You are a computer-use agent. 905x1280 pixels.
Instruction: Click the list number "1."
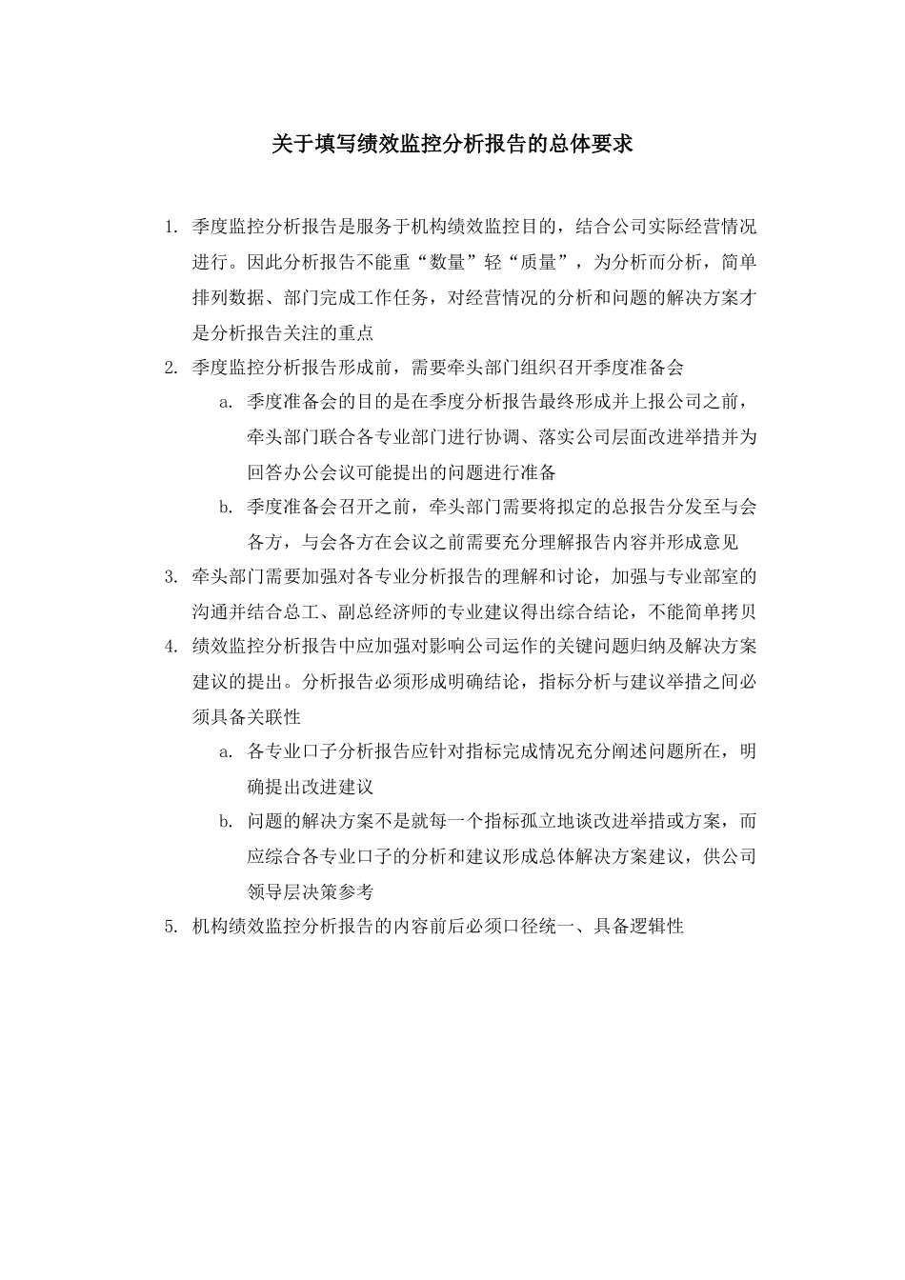click(x=171, y=228)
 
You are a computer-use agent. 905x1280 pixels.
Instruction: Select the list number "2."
click(x=171, y=368)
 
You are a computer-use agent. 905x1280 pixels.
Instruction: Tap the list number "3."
click(x=171, y=577)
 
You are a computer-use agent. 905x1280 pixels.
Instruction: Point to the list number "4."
click(x=171, y=647)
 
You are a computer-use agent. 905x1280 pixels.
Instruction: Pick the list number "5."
click(x=171, y=926)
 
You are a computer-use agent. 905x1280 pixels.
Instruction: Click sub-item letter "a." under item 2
click(x=226, y=403)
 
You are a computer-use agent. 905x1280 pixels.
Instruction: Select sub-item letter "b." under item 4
click(x=226, y=821)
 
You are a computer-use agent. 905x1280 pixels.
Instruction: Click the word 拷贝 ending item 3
click(x=738, y=611)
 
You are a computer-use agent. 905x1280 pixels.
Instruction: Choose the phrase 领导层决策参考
click(x=311, y=891)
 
